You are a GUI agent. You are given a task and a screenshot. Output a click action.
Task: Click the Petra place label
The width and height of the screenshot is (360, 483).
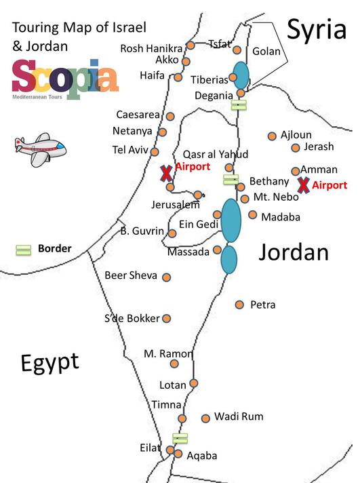pyautogui.click(x=262, y=305)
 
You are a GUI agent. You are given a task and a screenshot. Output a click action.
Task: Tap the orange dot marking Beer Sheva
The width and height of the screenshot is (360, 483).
pyautogui.click(x=167, y=277)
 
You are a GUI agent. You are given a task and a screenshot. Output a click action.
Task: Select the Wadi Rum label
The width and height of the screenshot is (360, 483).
pyautogui.click(x=239, y=417)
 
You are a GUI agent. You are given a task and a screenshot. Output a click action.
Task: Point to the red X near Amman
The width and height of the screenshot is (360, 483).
pyautogui.click(x=304, y=185)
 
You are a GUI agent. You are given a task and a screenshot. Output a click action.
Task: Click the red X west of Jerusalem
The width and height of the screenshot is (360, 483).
pyautogui.click(x=165, y=174)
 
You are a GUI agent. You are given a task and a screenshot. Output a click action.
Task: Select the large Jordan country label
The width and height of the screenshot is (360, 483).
pyautogui.click(x=294, y=253)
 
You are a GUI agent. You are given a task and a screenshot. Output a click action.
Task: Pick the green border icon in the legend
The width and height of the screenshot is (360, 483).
pyautogui.click(x=24, y=250)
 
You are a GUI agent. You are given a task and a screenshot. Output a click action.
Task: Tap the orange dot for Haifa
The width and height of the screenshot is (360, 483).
pyautogui.click(x=178, y=77)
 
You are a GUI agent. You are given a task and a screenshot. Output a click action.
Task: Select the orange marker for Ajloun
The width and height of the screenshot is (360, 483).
pyautogui.click(x=273, y=136)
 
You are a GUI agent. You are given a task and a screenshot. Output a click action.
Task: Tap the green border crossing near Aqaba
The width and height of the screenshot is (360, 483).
pyautogui.click(x=180, y=438)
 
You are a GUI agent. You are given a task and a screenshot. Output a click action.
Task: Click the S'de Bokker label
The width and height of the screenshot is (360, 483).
pyautogui.click(x=132, y=318)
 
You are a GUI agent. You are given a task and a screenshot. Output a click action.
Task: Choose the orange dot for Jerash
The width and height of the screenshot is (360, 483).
pyautogui.click(x=296, y=147)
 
